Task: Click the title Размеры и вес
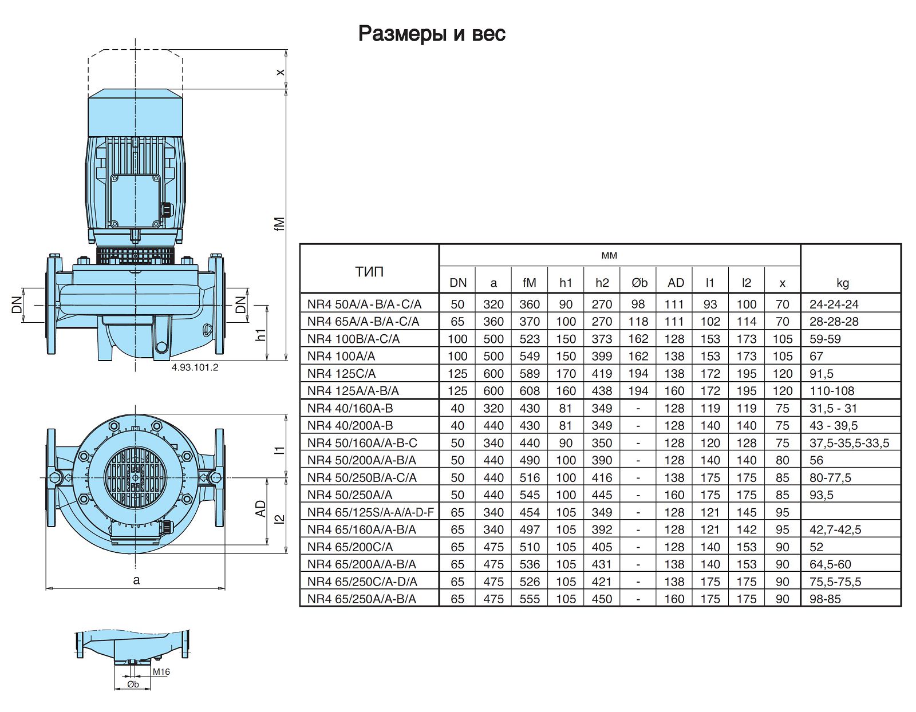[432, 34]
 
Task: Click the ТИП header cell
[369, 271]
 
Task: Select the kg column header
[842, 283]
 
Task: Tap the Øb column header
[639, 283]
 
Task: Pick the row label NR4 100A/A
[341, 356]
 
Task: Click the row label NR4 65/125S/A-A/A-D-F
[370, 512]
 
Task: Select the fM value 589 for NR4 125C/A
[530, 374]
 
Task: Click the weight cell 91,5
[822, 374]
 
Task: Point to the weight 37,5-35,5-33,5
[849, 443]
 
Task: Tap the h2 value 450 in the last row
[602, 599]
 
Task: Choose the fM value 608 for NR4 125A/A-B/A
[530, 391]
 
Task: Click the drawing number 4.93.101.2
[195, 367]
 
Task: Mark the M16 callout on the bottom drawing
[161, 671]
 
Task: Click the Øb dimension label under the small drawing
[133, 684]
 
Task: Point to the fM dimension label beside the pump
[279, 223]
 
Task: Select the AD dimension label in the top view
[261, 509]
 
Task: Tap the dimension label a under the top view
[136, 580]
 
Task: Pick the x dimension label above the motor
[280, 72]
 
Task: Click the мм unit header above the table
[609, 255]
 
